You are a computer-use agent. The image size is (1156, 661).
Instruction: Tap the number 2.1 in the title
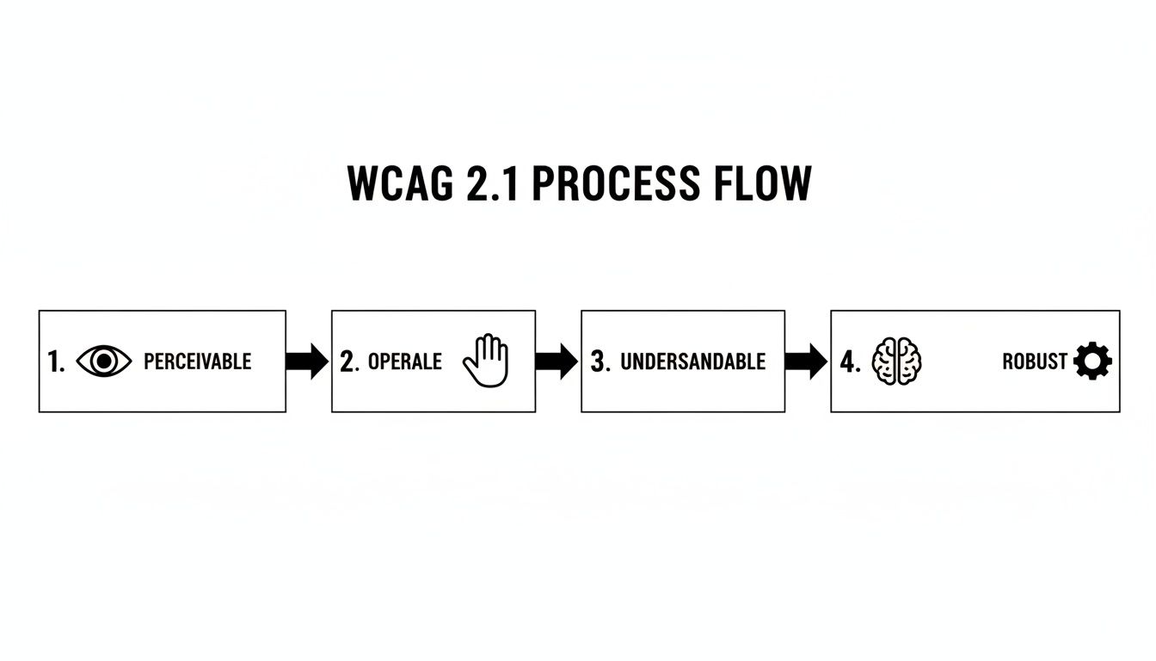click(493, 183)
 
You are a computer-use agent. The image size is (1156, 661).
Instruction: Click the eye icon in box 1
click(104, 361)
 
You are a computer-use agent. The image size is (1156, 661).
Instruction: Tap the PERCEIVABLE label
click(197, 361)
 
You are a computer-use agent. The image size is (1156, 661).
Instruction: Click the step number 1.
click(56, 362)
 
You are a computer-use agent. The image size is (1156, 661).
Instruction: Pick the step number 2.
click(349, 362)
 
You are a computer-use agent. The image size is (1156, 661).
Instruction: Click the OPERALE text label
click(404, 361)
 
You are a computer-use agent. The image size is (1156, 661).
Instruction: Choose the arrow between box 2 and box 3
click(556, 361)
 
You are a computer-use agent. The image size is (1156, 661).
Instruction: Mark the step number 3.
click(600, 362)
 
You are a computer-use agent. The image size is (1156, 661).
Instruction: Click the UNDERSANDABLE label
click(692, 361)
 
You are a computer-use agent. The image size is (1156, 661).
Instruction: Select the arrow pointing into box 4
click(806, 361)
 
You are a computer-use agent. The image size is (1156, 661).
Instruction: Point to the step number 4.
click(850, 362)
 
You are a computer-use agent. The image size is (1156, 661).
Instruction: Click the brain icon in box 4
click(897, 361)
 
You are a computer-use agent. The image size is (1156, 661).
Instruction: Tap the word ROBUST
click(1035, 361)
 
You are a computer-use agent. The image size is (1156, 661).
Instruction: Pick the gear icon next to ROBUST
click(1092, 361)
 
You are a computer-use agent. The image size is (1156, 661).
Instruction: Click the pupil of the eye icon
click(104, 361)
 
